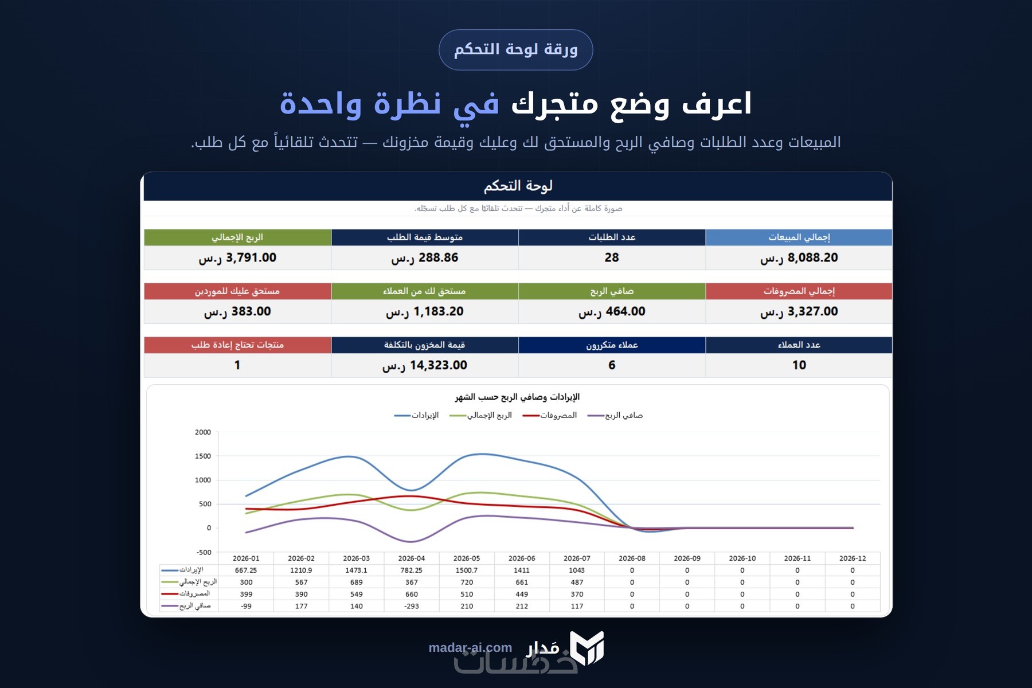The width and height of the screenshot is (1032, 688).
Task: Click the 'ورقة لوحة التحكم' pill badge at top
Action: (515, 50)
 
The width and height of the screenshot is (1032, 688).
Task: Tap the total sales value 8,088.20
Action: (799, 258)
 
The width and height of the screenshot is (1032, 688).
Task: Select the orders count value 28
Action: (612, 257)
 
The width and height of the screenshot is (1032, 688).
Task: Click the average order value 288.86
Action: (424, 258)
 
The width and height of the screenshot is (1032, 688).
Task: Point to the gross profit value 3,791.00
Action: (237, 258)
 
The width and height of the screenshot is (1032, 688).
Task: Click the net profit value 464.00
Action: (612, 311)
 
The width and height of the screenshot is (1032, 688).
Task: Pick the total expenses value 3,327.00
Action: (799, 311)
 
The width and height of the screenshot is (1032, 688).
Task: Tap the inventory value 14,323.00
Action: (424, 365)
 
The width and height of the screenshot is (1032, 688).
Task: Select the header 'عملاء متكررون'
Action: (612, 345)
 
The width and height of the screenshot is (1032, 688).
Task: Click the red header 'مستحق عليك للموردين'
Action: (237, 291)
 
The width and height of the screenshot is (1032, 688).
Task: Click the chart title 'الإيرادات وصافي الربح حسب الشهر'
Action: (517, 397)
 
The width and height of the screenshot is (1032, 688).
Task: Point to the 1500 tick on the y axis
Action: (203, 456)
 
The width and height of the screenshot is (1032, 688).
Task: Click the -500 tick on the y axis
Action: (204, 552)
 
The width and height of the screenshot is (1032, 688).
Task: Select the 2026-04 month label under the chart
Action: (411, 558)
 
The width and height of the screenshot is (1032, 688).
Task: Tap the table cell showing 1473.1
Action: (356, 570)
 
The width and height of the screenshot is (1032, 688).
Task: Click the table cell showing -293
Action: (411, 606)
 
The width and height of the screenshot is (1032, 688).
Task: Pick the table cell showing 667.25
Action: (246, 570)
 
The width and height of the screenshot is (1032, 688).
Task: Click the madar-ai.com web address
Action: (470, 648)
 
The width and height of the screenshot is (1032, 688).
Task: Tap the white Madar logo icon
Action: (587, 648)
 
